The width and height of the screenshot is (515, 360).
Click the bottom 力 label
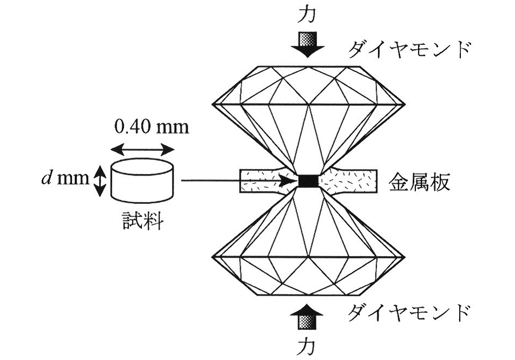pyautogui.click(x=308, y=344)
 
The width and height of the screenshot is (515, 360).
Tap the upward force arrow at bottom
pyautogui.click(x=308, y=316)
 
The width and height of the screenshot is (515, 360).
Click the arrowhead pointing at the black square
pyautogui.click(x=292, y=181)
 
